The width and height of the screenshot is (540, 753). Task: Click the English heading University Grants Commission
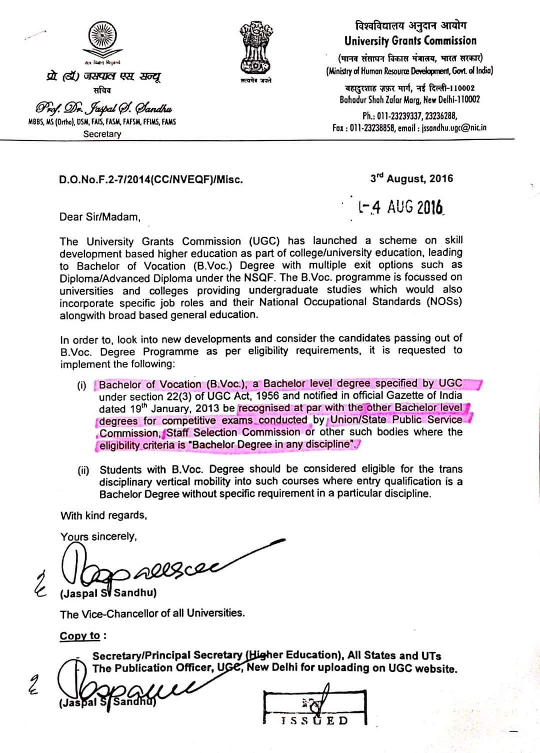coord(410,41)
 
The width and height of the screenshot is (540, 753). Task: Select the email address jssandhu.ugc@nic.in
coord(454,127)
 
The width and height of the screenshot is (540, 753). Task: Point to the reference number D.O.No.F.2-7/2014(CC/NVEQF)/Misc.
coord(151,179)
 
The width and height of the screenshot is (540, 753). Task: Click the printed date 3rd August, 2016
coord(411,178)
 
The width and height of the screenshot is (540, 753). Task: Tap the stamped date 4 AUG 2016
coord(401,206)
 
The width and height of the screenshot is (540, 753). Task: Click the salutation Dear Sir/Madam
coord(100,217)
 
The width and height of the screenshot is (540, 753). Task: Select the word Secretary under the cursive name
coord(102,134)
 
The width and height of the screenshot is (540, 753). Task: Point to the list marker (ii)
coord(83,470)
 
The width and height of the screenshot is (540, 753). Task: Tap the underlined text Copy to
coord(80,636)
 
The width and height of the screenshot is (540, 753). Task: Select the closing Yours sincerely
coord(98,536)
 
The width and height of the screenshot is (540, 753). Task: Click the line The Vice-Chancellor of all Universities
coord(152,613)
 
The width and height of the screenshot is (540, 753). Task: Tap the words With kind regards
coord(103,515)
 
